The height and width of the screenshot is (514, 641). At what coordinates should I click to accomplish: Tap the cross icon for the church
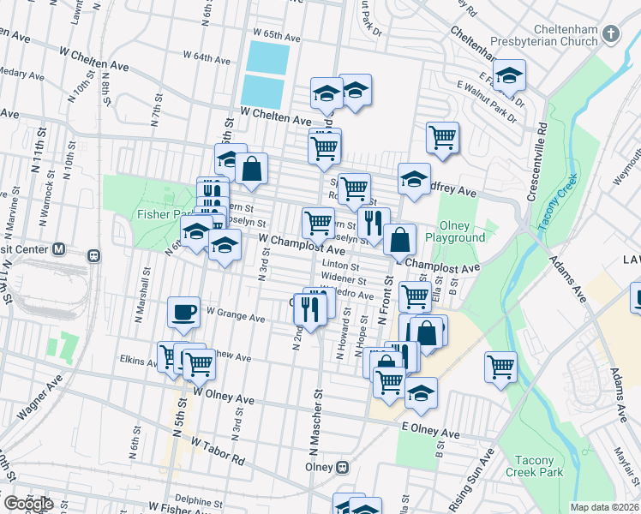tap(610, 34)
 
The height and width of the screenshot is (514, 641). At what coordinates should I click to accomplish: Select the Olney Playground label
tap(455, 230)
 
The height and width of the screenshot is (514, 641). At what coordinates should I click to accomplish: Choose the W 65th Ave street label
tap(276, 38)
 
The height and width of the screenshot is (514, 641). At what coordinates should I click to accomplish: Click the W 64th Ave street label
tap(207, 58)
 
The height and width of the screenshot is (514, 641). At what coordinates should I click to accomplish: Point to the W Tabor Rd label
tap(218, 451)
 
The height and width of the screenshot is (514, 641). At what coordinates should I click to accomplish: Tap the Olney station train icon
tap(341, 468)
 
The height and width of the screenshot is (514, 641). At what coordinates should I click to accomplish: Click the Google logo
tap(28, 503)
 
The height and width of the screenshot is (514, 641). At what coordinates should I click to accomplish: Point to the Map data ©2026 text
tap(605, 507)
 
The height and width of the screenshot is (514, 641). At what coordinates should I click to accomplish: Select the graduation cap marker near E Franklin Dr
tap(509, 76)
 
